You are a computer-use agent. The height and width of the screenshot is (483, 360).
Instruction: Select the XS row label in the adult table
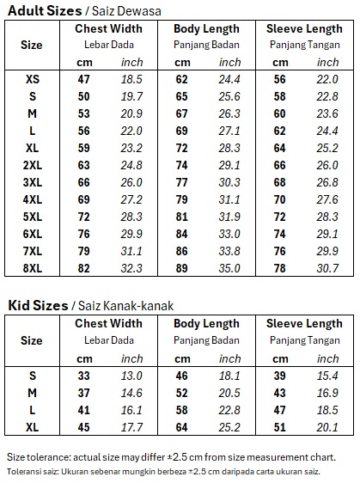[x=33, y=79]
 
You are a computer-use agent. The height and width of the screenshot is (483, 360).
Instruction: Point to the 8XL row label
[x=33, y=268]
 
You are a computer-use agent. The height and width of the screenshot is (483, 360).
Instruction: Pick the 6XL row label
[x=33, y=234]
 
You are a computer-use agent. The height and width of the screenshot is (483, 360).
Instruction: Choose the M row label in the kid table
[x=33, y=393]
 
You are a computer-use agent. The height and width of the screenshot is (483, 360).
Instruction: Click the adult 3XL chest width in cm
[x=84, y=182]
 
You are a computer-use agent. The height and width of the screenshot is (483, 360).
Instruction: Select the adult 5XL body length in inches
[x=229, y=217]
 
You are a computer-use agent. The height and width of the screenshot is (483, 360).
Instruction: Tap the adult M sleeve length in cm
[x=280, y=113]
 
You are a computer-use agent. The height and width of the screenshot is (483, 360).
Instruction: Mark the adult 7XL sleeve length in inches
[x=328, y=251]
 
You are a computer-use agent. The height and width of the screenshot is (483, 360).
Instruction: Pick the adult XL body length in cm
[x=182, y=148]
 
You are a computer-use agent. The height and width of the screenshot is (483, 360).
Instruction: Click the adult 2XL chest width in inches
[x=131, y=165]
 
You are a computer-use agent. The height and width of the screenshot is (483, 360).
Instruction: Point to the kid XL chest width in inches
[x=131, y=427]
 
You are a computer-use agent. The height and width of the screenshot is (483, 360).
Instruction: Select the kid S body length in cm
[x=182, y=376]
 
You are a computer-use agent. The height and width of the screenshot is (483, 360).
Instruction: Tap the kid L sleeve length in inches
[x=328, y=410]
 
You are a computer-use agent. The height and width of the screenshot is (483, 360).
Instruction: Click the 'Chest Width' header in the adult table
[x=108, y=28]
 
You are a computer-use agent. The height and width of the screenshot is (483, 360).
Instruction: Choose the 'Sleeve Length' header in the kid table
[x=304, y=324]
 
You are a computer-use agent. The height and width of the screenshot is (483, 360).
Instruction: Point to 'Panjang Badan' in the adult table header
[x=206, y=44]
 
